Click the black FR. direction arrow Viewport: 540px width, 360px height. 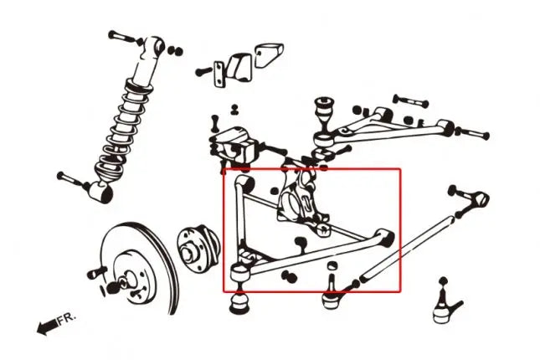pyautogui.click(x=47, y=327)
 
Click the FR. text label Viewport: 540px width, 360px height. pyautogui.click(x=66, y=319)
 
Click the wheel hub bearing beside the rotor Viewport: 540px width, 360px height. pyautogui.click(x=198, y=249)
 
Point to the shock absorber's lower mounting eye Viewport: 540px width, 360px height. pyautogui.click(x=101, y=192)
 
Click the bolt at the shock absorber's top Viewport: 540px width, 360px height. pyautogui.click(x=125, y=37)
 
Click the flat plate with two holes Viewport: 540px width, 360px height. pyautogui.click(x=219, y=74)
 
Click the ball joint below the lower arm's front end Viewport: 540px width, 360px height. pyautogui.click(x=239, y=304)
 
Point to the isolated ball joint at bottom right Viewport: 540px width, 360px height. pyautogui.click(x=445, y=304)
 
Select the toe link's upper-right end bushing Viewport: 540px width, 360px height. pyautogui.click(x=480, y=199)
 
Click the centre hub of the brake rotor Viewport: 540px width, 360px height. pyautogui.click(x=129, y=279)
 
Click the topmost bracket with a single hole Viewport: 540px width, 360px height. pyautogui.click(x=270, y=54)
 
